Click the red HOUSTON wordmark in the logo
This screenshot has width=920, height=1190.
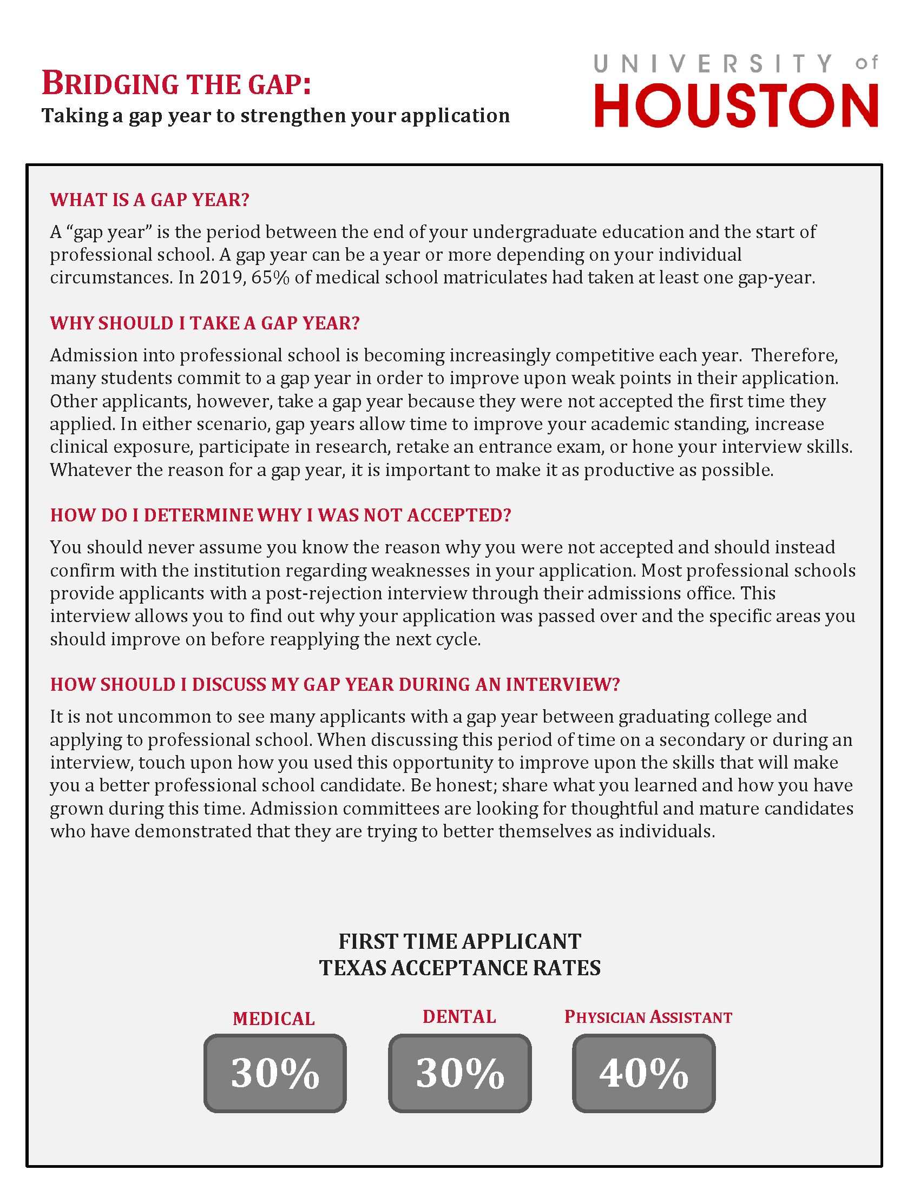click(x=736, y=105)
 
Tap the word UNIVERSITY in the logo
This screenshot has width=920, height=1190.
click(x=713, y=64)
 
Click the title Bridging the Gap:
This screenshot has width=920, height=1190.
click(x=176, y=84)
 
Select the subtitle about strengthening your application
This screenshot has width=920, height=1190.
click(x=276, y=116)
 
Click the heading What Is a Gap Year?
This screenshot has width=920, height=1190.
click(x=150, y=200)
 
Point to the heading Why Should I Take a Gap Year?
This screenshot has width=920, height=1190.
click(x=205, y=323)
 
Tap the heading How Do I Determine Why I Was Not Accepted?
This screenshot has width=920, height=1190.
click(x=281, y=515)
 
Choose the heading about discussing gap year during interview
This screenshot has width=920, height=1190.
click(x=335, y=684)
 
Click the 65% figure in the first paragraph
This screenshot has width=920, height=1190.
click(x=270, y=277)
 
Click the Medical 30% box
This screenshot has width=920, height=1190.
click(x=275, y=1073)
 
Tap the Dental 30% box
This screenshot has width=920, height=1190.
click(x=460, y=1073)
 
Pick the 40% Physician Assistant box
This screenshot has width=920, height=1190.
click(x=643, y=1073)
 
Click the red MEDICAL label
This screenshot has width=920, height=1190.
click(x=274, y=1019)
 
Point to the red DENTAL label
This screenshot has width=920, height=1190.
click(x=459, y=1016)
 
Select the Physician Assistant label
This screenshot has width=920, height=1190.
click(x=648, y=1017)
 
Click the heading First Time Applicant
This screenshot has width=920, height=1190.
click(x=460, y=941)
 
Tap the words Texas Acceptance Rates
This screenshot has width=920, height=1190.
click(x=460, y=968)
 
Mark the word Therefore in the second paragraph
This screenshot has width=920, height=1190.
click(x=793, y=355)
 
